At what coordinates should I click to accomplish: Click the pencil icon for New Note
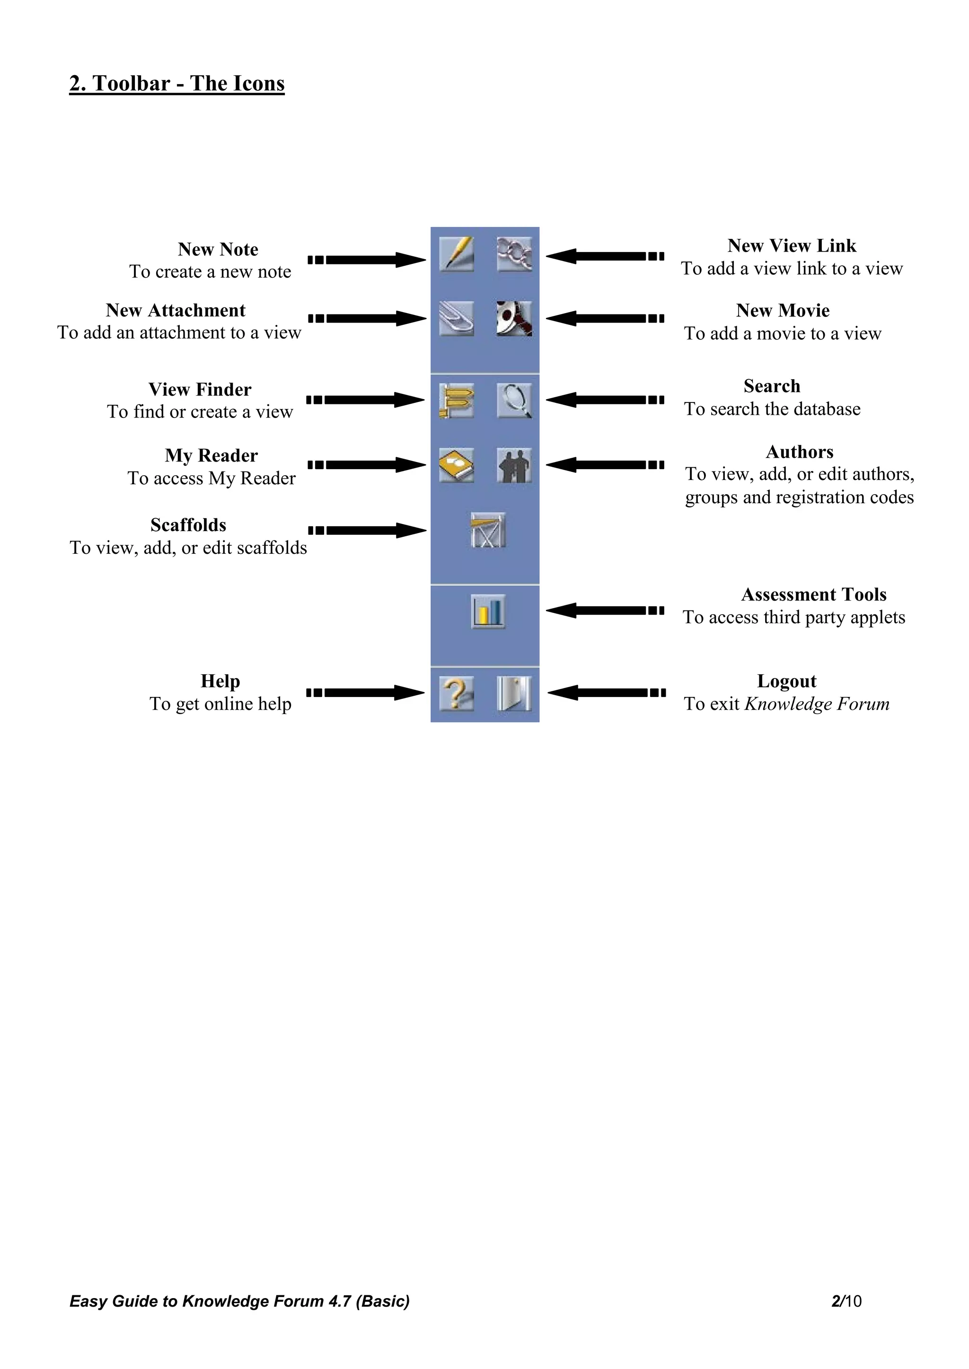457,254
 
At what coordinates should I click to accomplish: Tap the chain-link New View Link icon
514,254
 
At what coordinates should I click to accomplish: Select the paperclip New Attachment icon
457,318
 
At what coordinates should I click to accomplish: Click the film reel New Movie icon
514,318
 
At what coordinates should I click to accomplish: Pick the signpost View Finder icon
457,400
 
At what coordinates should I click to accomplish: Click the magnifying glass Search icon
514,400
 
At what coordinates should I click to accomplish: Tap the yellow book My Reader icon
457,464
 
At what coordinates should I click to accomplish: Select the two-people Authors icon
514,465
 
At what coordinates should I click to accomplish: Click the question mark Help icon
457,693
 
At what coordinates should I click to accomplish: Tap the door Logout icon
514,693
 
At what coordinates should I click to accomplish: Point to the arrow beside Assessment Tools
604,610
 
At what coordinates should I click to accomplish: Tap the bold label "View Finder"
200,389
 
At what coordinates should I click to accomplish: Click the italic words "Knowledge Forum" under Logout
817,704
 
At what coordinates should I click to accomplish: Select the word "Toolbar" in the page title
131,84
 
